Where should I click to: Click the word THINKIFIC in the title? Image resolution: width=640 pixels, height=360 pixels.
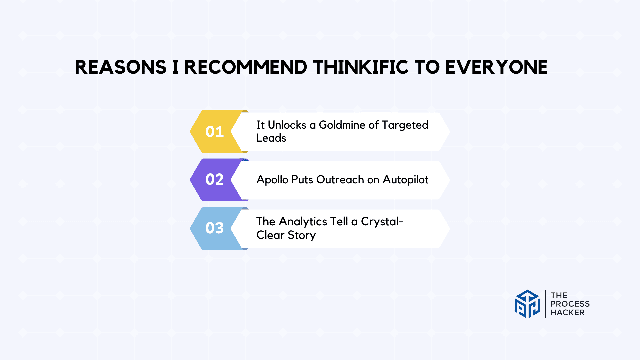361,67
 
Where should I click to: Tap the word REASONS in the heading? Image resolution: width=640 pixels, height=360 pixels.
120,67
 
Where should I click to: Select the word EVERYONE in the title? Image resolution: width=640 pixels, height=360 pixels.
496,67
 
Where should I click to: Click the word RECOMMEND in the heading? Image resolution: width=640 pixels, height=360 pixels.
246,67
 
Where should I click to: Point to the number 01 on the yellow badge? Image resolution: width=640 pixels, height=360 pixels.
214,132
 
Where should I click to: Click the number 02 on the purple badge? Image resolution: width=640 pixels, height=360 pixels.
214,180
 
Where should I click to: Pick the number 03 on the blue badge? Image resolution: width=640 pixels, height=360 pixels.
214,228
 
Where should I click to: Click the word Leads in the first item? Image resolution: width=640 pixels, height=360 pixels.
271,138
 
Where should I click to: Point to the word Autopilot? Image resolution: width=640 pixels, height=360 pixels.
405,180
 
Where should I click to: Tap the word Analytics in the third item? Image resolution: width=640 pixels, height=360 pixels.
303,222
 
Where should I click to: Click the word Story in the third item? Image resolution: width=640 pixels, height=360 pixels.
302,235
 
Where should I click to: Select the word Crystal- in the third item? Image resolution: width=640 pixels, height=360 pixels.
382,222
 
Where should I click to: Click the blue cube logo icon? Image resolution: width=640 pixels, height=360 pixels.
527,304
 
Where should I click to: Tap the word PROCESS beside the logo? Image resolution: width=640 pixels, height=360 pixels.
570,304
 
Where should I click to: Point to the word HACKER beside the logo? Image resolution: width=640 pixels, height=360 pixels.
567,313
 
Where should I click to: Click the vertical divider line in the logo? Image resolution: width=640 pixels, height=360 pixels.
545,304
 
